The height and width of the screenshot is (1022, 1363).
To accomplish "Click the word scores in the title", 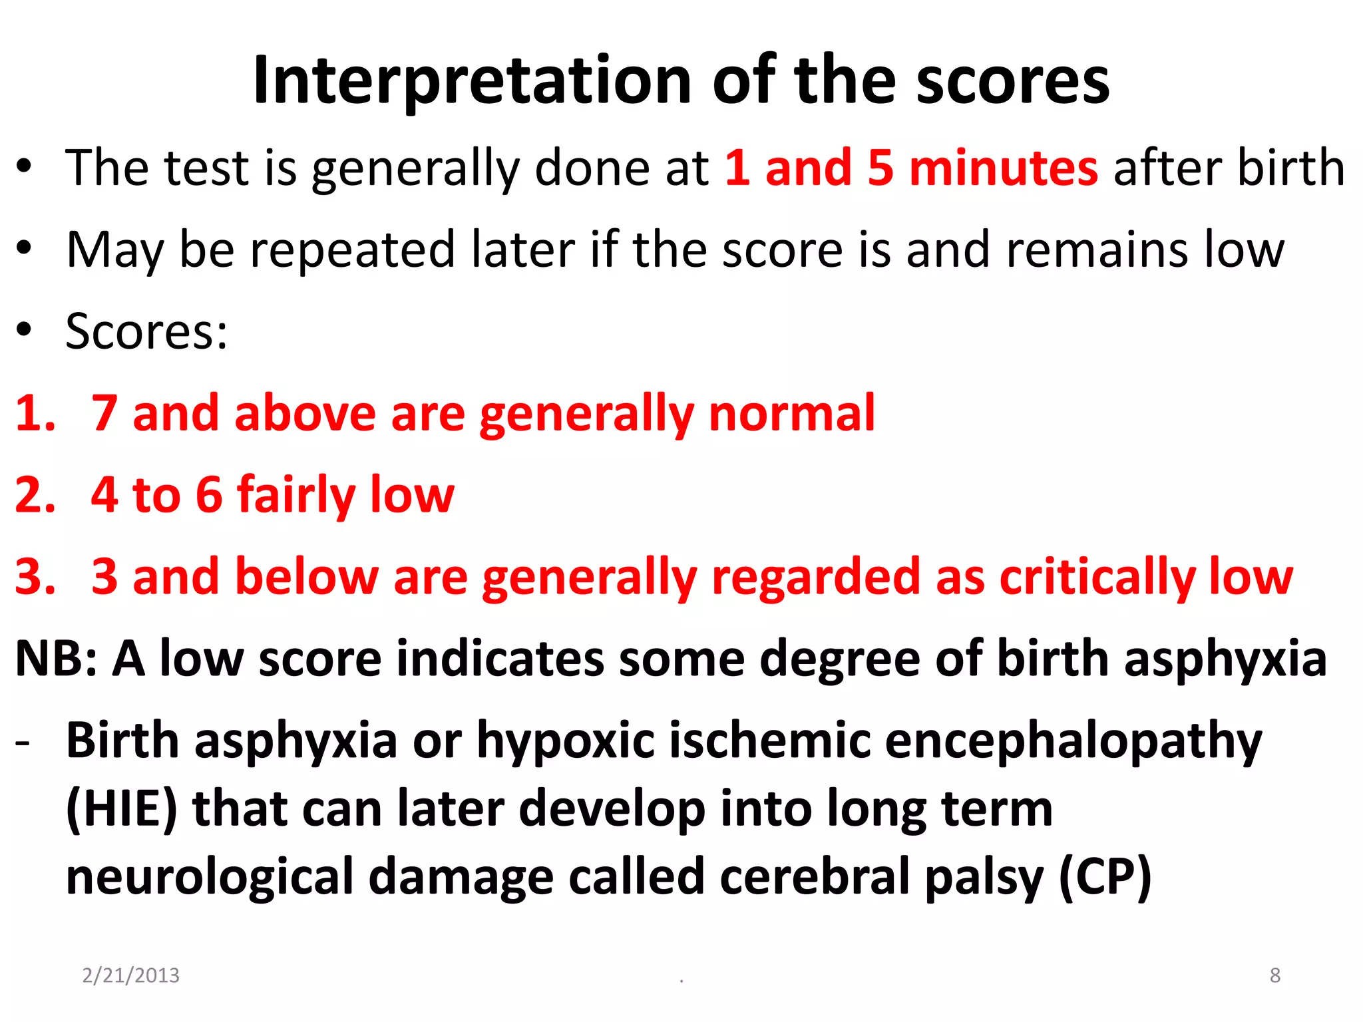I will [x=1013, y=81].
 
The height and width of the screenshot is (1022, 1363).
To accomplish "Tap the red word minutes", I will [x=1004, y=168].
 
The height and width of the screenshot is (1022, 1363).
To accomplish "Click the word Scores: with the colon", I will [x=146, y=331].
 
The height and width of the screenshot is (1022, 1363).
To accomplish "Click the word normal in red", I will [x=792, y=414].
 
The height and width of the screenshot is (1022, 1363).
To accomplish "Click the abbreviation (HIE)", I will [x=122, y=810].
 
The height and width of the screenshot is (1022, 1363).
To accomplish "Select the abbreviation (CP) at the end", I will [x=1105, y=878].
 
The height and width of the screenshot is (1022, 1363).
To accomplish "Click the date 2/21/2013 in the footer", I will [x=131, y=975].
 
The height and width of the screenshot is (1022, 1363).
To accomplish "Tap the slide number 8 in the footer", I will [x=1274, y=975].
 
